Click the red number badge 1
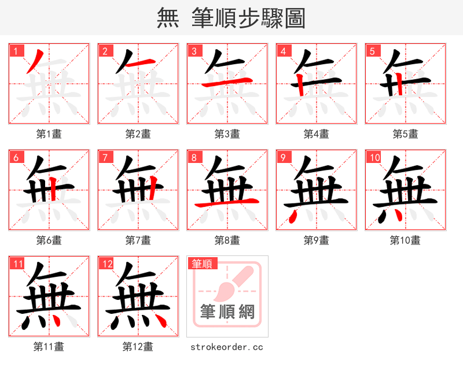(x=16, y=51)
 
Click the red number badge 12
(x=106, y=264)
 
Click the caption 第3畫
(x=227, y=134)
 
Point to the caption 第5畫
(x=405, y=134)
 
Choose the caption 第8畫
(x=227, y=240)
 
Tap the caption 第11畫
(x=49, y=347)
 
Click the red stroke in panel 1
(x=35, y=60)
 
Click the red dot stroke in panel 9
(x=293, y=216)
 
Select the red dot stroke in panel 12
(x=162, y=320)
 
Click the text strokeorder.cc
(x=227, y=347)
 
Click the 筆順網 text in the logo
(x=227, y=312)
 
